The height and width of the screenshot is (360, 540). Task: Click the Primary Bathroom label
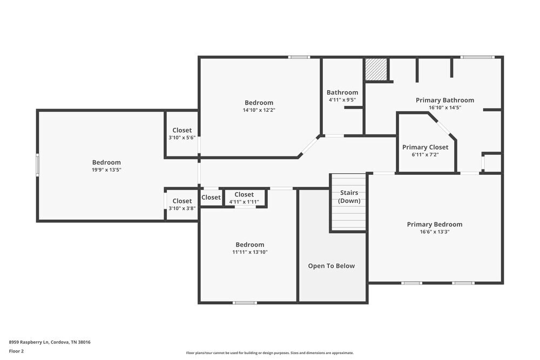pos(444,100)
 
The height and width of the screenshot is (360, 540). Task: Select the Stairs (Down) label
pos(349,196)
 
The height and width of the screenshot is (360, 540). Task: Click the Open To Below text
pos(331,266)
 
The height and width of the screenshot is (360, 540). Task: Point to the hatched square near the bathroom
pos(376,70)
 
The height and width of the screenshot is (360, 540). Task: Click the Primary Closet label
pos(425,147)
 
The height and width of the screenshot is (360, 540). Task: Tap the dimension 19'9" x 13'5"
pos(106,169)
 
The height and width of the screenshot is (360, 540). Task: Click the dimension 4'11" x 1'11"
pos(244,202)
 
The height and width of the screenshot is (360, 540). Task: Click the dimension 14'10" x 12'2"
pos(259,110)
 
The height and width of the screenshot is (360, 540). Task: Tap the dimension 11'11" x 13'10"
pos(249,252)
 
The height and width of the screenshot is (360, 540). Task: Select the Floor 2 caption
pos(16,351)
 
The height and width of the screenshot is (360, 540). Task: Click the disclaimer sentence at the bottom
pos(269,352)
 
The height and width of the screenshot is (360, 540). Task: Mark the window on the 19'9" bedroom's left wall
pos(37,165)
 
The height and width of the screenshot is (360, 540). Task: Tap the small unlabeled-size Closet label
pos(211,198)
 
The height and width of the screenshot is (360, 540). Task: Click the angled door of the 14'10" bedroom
pos(309,146)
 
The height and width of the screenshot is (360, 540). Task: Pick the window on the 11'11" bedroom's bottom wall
pos(244,302)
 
